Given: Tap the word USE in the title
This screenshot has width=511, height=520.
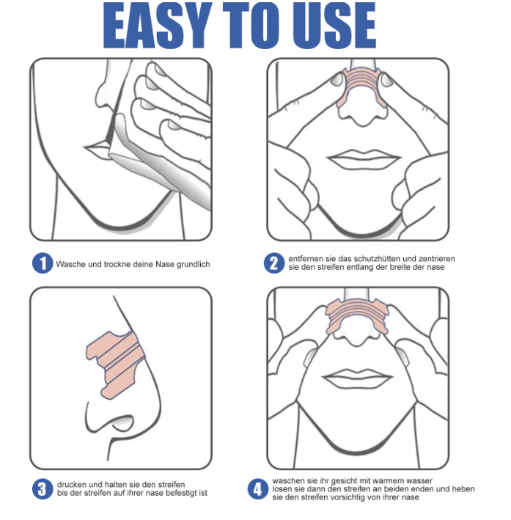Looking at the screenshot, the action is point(334,25).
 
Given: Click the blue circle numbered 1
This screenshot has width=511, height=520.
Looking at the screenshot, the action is point(43,263).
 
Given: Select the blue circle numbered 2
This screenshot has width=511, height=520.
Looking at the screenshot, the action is point(274,263).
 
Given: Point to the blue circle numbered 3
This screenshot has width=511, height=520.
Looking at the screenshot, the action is point(43,488).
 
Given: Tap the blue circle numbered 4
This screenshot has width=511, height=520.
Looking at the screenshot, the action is point(257,488).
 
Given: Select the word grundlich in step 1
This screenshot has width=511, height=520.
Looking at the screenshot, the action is point(194,265).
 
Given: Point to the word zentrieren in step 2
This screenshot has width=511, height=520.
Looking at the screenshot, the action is point(437,259).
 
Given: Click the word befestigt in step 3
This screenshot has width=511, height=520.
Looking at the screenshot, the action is point(181,493).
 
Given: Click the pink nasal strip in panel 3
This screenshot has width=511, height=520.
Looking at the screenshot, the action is point(116,364).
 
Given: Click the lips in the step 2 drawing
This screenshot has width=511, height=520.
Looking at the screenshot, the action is point(364,158).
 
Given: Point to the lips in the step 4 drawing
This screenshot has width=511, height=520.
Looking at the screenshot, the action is point(357,378).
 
